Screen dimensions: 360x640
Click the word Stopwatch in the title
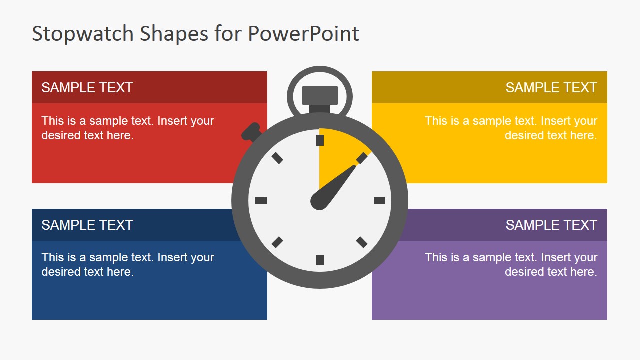83,34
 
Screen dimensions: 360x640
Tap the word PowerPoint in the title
303,34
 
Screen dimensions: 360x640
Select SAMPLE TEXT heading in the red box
87,88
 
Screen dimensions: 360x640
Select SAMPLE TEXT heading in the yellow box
551,88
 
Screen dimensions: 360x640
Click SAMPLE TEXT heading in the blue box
87,225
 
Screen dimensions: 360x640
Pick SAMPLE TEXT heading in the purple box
551,225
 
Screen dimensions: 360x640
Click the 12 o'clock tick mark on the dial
320,140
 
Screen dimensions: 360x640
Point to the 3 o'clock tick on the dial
379,200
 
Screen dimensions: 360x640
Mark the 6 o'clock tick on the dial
320,260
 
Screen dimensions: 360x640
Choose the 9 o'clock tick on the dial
261,200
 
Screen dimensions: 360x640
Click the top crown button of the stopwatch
320,95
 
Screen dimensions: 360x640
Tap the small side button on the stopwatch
251,132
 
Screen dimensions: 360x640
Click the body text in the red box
127,128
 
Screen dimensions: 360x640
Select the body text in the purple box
511,264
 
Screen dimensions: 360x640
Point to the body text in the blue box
127,264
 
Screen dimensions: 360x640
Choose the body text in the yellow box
511,128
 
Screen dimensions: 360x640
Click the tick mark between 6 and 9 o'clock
277,242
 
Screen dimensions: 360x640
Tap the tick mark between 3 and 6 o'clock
362,242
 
